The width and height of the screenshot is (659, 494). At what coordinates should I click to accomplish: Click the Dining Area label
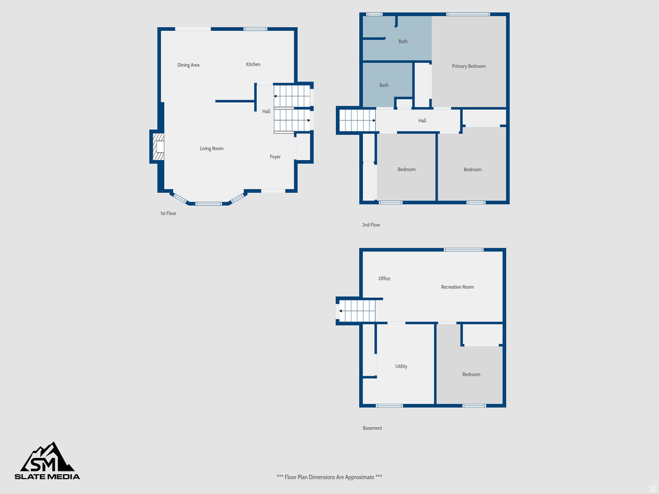[189, 65]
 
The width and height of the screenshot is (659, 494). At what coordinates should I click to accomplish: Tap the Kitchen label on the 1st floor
[253, 64]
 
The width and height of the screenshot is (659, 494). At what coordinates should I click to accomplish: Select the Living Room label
[212, 149]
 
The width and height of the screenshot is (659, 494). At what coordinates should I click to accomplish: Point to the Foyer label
[275, 157]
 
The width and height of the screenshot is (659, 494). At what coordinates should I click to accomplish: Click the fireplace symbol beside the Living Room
[158, 147]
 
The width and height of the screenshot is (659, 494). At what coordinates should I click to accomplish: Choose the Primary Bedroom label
[469, 66]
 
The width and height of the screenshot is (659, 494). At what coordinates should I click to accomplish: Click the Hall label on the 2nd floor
[422, 121]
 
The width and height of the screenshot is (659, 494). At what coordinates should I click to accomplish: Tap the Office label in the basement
[384, 279]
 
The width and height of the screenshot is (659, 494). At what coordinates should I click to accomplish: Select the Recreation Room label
[457, 287]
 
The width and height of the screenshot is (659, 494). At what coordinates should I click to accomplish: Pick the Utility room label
[401, 367]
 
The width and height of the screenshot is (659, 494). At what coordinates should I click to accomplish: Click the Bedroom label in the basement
[471, 374]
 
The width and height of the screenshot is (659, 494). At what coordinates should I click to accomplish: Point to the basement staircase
[357, 311]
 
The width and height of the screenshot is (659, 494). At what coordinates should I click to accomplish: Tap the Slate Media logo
[48, 461]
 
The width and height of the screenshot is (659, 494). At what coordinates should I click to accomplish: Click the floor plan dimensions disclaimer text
[329, 477]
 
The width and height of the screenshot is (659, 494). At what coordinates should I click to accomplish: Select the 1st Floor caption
[168, 214]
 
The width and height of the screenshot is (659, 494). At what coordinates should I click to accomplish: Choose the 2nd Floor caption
[371, 225]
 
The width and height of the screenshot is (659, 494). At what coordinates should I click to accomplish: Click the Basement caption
[372, 428]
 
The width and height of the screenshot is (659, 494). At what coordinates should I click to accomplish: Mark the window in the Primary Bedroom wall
[468, 14]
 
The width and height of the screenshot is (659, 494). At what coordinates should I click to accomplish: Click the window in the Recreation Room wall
[463, 250]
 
